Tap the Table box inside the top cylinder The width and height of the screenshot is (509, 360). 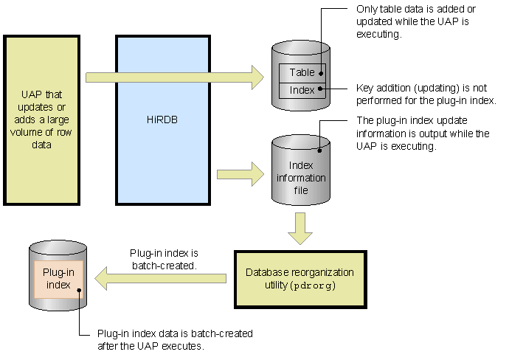pos(300,72)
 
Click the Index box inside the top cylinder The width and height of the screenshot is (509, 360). pos(300,90)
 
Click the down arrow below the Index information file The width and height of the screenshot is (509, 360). pos(299,228)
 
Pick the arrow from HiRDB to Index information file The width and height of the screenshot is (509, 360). pos(240,176)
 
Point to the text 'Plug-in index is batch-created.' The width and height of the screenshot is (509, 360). pos(164,257)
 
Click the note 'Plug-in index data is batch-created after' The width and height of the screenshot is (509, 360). pos(175,339)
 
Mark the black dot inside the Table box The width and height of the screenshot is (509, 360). pos(321,72)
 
